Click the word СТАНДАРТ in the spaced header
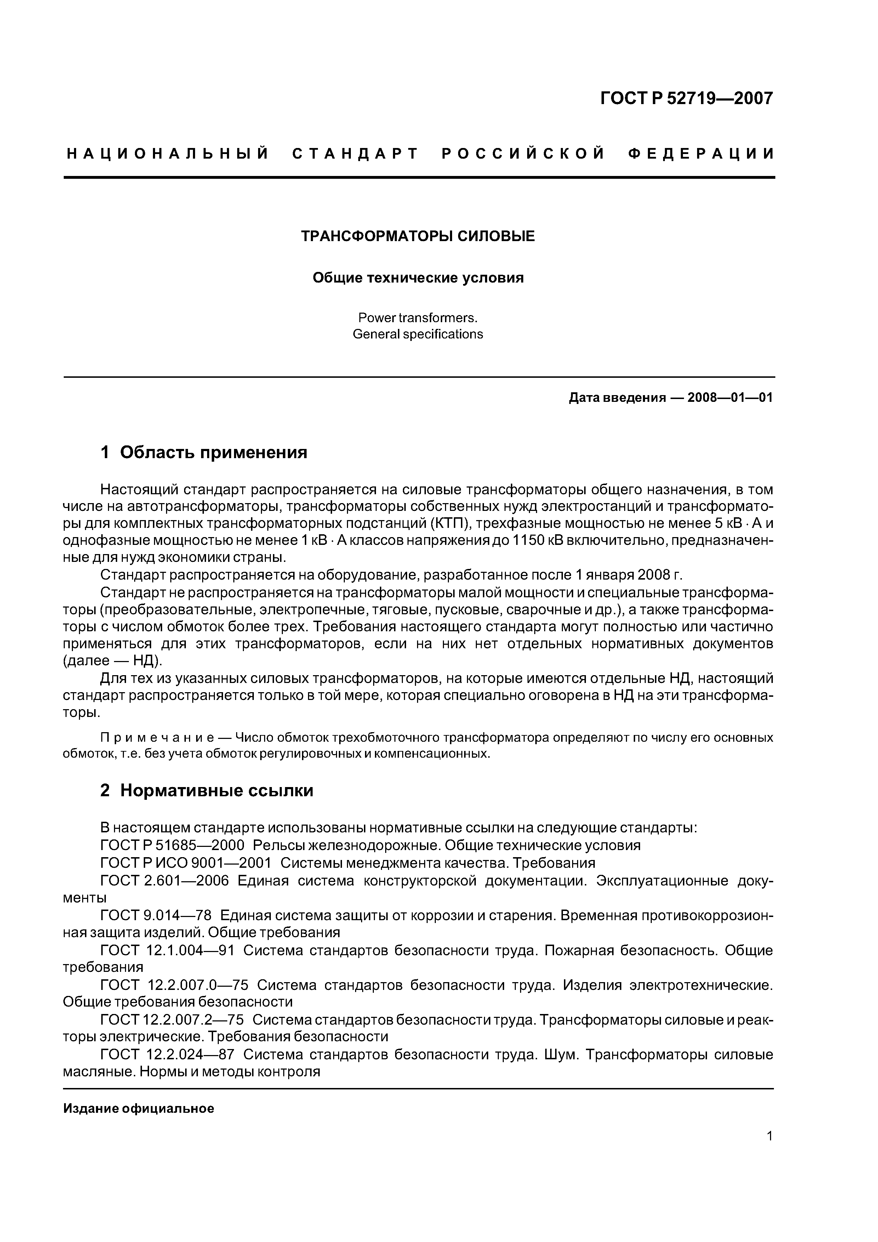pyautogui.click(x=355, y=154)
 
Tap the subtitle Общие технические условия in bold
pyautogui.click(x=418, y=278)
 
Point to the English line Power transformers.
pyautogui.click(x=418, y=318)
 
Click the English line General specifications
pyautogui.click(x=418, y=334)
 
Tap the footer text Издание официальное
pyautogui.click(x=138, y=1109)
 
